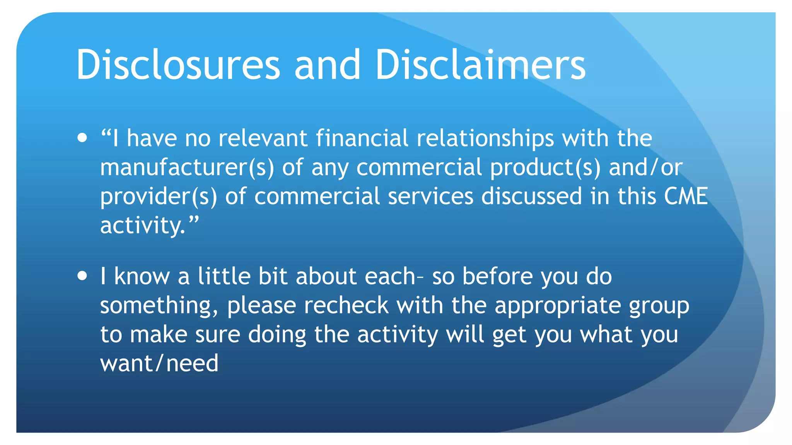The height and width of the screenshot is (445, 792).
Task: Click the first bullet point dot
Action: [x=82, y=138]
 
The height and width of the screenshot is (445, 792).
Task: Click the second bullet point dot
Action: [x=82, y=276]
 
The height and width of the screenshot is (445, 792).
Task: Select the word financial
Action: [x=362, y=138]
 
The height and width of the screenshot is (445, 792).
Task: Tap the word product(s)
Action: [x=545, y=167]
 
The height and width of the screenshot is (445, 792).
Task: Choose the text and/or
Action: [x=645, y=167]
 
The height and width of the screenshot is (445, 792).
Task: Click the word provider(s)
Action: [x=159, y=196]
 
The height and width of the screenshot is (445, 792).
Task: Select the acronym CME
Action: [x=686, y=196]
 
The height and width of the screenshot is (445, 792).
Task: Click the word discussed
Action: [x=531, y=196]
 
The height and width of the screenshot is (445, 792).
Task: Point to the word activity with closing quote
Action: [x=149, y=226]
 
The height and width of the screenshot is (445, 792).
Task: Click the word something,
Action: [x=159, y=306]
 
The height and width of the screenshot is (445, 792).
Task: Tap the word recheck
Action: [x=346, y=306]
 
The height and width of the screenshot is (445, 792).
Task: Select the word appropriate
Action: [x=558, y=306]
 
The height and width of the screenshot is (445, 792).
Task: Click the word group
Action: [x=659, y=306]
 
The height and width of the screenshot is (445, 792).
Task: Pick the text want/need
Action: [x=159, y=364]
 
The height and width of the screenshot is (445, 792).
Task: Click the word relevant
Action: [x=263, y=138]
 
